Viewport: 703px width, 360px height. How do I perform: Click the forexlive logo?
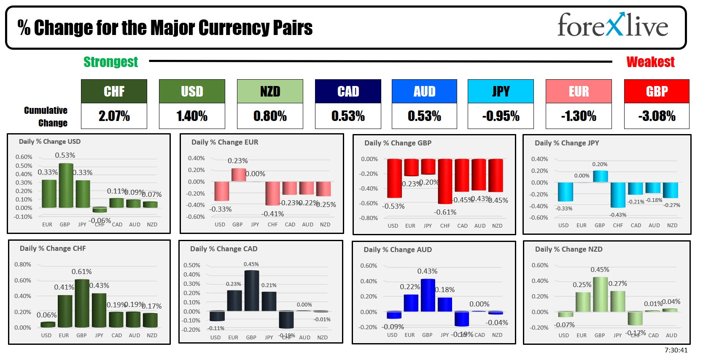(612, 25)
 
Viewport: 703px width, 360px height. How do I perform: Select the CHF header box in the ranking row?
(114, 91)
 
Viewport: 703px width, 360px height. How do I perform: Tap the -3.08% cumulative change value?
(657, 116)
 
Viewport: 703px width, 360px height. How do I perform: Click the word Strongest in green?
(110, 62)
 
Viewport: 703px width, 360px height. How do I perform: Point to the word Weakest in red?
(650, 62)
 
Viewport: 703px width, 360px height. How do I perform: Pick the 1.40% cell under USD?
(192, 116)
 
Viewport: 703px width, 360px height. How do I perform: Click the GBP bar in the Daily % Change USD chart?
(66, 185)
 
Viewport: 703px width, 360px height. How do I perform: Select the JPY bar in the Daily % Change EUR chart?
(255, 181)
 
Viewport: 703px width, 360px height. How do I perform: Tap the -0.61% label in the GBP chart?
(445, 212)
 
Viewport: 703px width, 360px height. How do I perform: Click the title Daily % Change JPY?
(567, 143)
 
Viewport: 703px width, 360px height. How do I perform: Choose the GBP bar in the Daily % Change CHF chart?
(82, 304)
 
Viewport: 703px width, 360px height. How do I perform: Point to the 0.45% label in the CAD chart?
(251, 264)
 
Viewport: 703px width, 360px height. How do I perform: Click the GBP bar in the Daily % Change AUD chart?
(428, 295)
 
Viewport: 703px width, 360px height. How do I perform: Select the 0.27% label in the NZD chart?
(618, 284)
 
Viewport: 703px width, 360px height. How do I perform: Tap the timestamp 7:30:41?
(676, 350)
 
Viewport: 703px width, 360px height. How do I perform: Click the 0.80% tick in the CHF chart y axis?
(23, 264)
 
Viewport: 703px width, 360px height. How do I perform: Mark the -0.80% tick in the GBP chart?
(368, 218)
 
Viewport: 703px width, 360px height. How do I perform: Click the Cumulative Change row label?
(46, 116)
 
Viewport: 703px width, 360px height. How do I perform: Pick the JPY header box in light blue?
(501, 91)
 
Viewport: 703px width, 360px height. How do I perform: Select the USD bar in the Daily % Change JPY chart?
(565, 192)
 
